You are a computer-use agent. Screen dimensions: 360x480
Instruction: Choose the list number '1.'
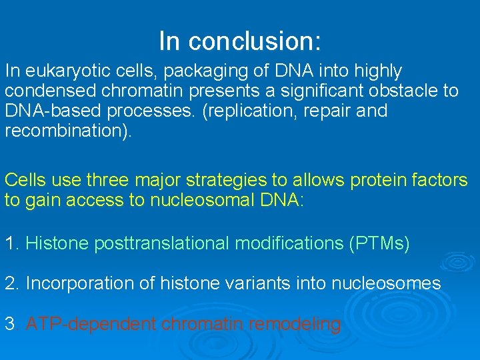point(12,244)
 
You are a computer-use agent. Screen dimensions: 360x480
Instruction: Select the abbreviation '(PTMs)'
point(379,244)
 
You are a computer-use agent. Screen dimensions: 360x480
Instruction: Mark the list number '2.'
point(12,284)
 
